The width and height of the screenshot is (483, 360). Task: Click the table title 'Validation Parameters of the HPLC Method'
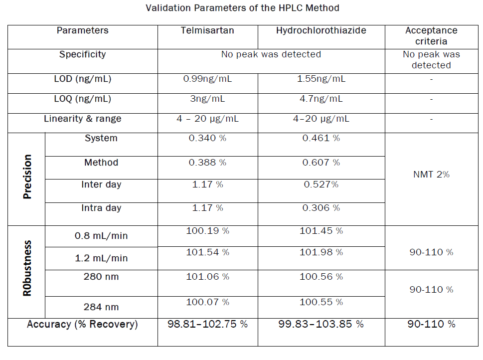pyautogui.click(x=242, y=8)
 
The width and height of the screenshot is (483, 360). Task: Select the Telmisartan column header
pyautogui.click(x=207, y=30)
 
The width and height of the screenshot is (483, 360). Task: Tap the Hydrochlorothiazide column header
pyautogui.click(x=321, y=30)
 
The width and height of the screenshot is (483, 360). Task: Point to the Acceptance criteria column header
pyautogui.click(x=431, y=36)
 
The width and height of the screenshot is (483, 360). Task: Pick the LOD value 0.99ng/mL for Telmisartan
pyautogui.click(x=207, y=79)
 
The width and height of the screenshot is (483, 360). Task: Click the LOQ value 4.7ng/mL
pyautogui.click(x=321, y=99)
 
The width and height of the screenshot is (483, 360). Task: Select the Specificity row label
pyautogui.click(x=82, y=54)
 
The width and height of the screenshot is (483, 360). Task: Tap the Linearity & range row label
pyautogui.click(x=82, y=119)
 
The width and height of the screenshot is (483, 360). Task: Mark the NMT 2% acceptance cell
pyautogui.click(x=431, y=174)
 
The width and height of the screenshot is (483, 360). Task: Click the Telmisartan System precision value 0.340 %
pyautogui.click(x=207, y=138)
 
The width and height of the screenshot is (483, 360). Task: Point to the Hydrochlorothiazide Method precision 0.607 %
pyautogui.click(x=321, y=163)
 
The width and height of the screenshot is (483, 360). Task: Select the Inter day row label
pyautogui.click(x=101, y=184)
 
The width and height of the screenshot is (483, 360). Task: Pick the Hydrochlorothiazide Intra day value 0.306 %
pyautogui.click(x=321, y=208)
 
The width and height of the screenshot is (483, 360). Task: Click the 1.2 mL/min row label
pyautogui.click(x=101, y=258)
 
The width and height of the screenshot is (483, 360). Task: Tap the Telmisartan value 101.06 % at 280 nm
pyautogui.click(x=207, y=277)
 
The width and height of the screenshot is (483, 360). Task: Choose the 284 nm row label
pyautogui.click(x=101, y=307)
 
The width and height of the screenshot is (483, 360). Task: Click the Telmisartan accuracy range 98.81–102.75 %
pyautogui.click(x=207, y=324)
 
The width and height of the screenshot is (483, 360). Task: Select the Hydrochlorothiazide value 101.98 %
pyautogui.click(x=321, y=252)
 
